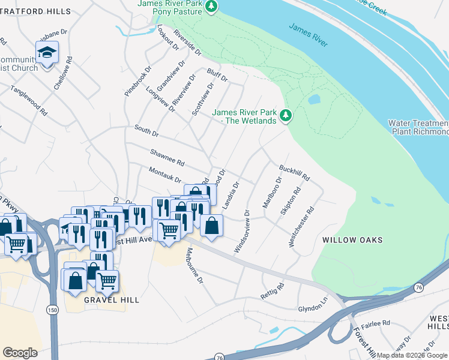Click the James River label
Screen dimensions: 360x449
coord(309,35)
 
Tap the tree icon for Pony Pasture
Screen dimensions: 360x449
coord(211,7)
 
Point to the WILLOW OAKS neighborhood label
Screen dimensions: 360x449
coord(352,240)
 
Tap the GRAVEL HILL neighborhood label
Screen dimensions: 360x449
coord(112,299)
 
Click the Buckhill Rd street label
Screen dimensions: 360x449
coord(294,173)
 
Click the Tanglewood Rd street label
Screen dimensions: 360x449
coord(29,100)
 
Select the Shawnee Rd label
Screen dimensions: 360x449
coord(167,158)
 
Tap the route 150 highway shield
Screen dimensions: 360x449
coord(53,308)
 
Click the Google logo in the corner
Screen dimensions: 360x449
coord(20,352)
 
